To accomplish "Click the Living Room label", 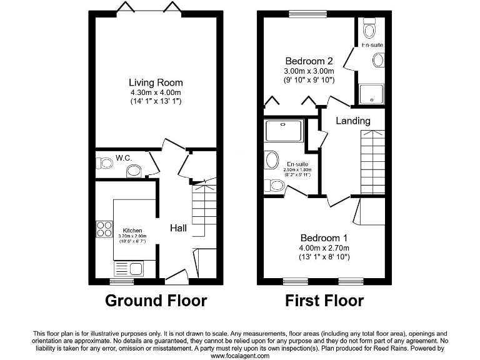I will click(x=156, y=82).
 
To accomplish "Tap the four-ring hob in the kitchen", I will click(x=104, y=229).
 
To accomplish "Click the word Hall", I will click(x=179, y=229).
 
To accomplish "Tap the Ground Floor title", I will click(x=156, y=301).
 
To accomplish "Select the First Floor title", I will click(x=324, y=301).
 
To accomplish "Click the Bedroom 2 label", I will click(x=309, y=61).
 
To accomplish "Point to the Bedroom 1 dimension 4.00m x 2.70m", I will click(x=324, y=248).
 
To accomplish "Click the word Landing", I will click(x=353, y=121).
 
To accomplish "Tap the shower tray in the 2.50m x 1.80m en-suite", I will click(x=284, y=131).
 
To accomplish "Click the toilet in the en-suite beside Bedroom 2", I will click(x=369, y=29).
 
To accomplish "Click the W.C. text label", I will click(x=123, y=158).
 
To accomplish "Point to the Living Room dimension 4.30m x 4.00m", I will click(x=156, y=92).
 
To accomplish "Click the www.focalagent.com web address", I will click(x=240, y=356).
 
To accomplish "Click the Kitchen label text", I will click(x=132, y=229).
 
